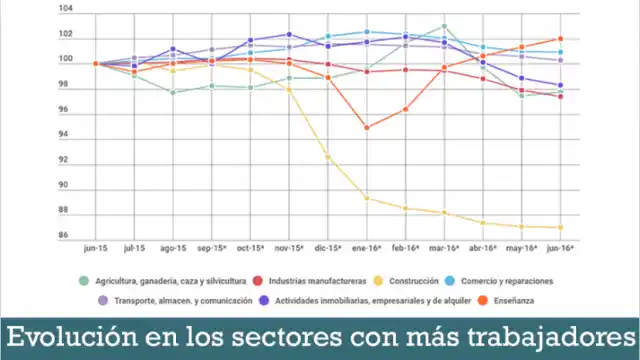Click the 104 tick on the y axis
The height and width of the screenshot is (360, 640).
[x=66, y=9]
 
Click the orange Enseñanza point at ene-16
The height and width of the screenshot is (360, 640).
[x=367, y=127]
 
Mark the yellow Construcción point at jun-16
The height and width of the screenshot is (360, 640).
[x=561, y=227]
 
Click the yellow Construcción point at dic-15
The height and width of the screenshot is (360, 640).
[x=328, y=157]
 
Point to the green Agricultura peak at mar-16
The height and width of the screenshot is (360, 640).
[x=444, y=26]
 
